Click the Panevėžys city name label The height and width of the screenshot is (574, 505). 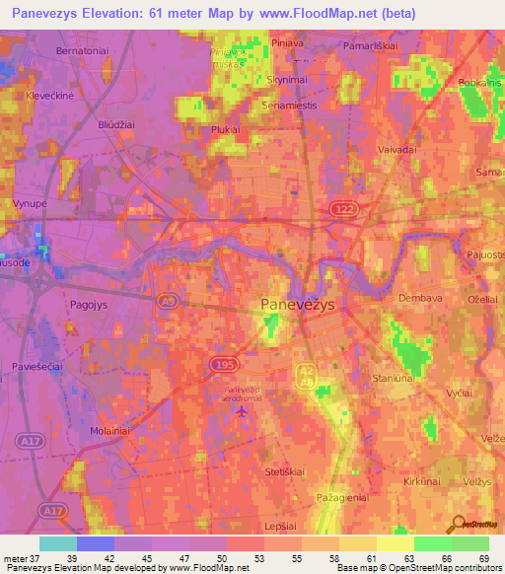pyautogui.click(x=298, y=306)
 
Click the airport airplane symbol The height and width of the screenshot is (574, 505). pyautogui.click(x=243, y=410)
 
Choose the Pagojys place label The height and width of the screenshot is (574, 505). pyautogui.click(x=90, y=306)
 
